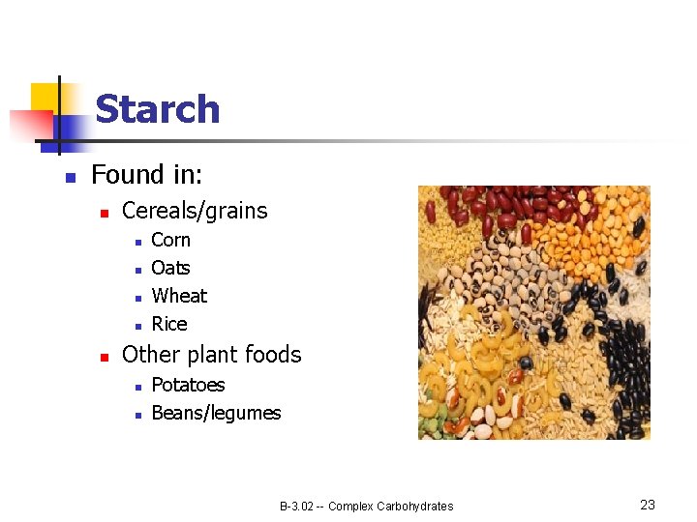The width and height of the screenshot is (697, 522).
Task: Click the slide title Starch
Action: click(157, 109)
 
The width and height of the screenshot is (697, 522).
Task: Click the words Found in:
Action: click(146, 175)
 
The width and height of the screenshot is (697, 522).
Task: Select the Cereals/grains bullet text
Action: click(195, 211)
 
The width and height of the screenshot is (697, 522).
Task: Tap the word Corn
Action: click(170, 240)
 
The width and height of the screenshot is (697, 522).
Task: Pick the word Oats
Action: click(170, 268)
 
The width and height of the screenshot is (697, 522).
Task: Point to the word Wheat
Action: click(179, 296)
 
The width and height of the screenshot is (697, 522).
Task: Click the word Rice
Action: click(169, 324)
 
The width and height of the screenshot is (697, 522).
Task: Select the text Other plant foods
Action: click(211, 355)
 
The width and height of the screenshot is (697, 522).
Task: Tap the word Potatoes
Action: click(188, 385)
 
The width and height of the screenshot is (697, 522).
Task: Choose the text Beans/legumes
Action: click(216, 413)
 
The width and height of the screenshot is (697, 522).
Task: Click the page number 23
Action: click(648, 505)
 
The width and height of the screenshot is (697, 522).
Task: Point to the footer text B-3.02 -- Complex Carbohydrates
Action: click(366, 506)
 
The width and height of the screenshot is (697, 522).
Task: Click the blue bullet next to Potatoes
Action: click(138, 387)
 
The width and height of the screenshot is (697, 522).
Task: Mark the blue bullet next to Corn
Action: click(138, 242)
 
